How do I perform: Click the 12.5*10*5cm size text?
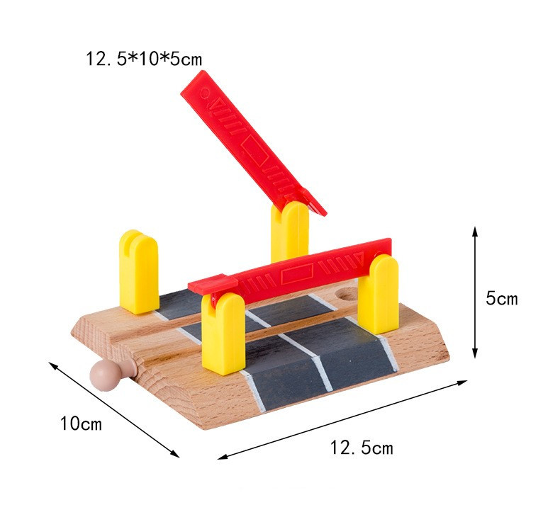pyautogui.click(x=144, y=59)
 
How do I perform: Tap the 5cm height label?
pyautogui.click(x=501, y=298)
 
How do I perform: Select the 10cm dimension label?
pyautogui.click(x=81, y=424)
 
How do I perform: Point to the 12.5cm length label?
pyautogui.click(x=362, y=448)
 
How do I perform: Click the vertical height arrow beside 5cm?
pyautogui.click(x=475, y=292)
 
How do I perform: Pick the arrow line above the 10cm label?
pyautogui.click(x=114, y=409)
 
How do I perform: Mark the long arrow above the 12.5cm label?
pyautogui.click(x=342, y=419)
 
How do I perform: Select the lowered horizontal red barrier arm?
pyautogui.click(x=289, y=271)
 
